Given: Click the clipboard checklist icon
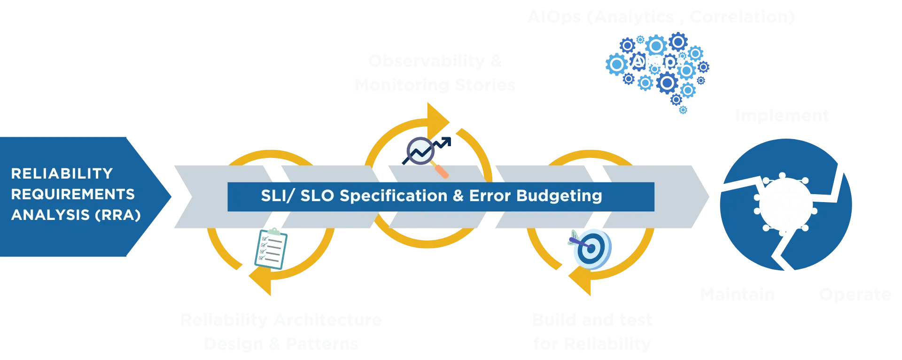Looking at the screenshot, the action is point(271,249).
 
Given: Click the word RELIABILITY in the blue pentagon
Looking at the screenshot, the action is point(62,173).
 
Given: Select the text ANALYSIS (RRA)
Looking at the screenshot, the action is point(76,215).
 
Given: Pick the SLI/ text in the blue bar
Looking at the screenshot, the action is point(277,196).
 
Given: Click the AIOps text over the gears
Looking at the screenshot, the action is point(657,61).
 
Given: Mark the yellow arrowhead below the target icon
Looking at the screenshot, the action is point(581,281).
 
